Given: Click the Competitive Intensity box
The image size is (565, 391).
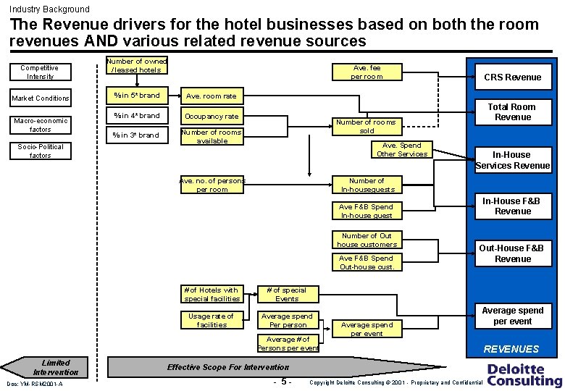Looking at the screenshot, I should [40, 72].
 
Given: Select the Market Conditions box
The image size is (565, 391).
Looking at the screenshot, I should [40, 98].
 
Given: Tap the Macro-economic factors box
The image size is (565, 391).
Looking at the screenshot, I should [40, 125].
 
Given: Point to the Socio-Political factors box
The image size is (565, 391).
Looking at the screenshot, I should [40, 151].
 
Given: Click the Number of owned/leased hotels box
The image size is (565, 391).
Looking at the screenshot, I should [136, 65].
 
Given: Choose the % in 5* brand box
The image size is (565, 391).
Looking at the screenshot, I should [136, 95].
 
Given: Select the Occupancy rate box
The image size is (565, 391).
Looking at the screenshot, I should [211, 116].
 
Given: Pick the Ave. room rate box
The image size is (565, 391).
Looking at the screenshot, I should [211, 96].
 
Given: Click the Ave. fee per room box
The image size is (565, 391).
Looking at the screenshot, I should [367, 72].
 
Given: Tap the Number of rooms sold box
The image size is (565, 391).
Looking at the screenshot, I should [367, 127].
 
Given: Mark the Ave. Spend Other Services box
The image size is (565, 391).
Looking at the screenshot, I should [402, 149].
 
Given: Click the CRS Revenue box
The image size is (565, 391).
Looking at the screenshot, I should [513, 77].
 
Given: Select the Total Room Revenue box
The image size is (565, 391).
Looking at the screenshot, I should [513, 112].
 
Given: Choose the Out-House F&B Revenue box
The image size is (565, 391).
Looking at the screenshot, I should [513, 253].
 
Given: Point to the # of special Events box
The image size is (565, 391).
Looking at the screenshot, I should [287, 294].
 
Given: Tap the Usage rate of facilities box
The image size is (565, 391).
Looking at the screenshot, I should [211, 320].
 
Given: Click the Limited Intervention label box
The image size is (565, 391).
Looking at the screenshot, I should [56, 367].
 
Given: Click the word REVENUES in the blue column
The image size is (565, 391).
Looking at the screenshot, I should [512, 349].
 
